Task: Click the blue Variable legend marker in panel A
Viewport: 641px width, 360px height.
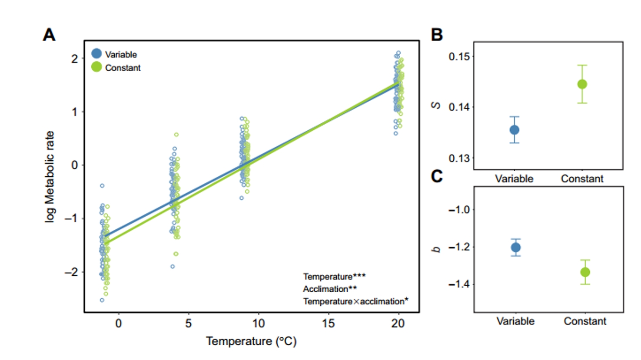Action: point(96,54)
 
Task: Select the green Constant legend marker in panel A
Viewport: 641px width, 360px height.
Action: point(96,67)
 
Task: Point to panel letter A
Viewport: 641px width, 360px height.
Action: point(49,35)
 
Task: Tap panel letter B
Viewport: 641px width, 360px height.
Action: point(437,35)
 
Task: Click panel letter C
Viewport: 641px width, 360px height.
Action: point(437,176)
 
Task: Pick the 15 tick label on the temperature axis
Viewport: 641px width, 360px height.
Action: point(328,324)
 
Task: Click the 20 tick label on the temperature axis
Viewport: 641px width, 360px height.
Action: point(398,324)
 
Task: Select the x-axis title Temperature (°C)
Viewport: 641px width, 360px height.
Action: point(251,341)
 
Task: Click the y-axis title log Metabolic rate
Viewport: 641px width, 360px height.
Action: point(50,177)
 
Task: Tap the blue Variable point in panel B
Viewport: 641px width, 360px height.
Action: point(515,130)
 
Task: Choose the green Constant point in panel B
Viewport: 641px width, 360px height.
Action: point(582,84)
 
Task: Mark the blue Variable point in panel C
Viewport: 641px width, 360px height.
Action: point(516,248)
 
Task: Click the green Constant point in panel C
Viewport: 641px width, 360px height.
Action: point(585,272)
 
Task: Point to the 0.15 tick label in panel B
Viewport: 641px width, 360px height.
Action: point(459,56)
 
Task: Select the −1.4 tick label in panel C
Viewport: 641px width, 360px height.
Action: point(459,284)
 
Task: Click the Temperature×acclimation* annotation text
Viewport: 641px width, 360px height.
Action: point(355,301)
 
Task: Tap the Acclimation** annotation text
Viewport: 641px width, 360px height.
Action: point(330,289)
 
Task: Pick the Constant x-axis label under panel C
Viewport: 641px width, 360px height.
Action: point(585,321)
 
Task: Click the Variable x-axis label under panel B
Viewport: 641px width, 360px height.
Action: point(514,179)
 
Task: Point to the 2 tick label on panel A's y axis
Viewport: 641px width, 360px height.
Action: point(75,59)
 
